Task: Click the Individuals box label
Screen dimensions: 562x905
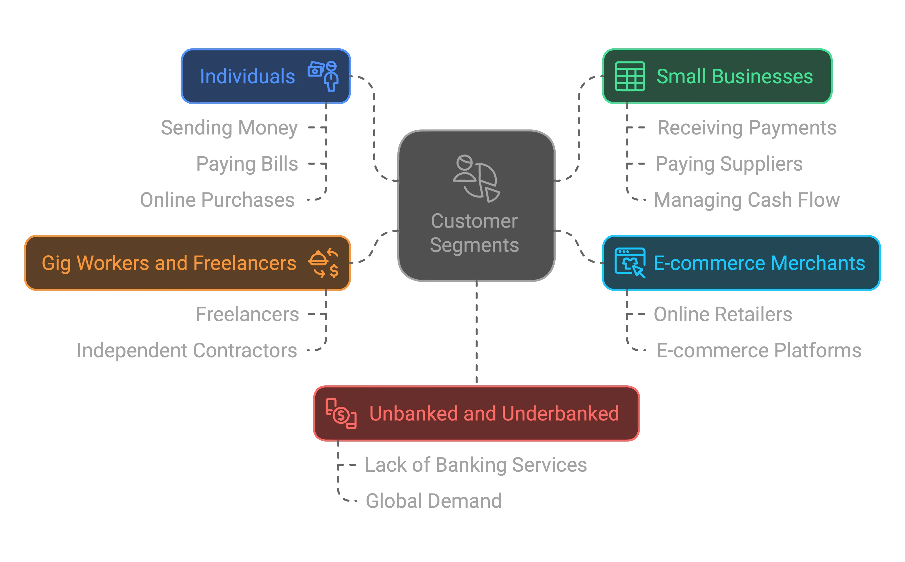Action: click(247, 77)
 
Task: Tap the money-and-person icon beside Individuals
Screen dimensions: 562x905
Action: click(323, 76)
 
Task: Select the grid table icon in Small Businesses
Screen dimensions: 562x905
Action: click(630, 76)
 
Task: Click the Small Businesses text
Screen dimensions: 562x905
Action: click(734, 77)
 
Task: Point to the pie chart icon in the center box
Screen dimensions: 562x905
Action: click(477, 178)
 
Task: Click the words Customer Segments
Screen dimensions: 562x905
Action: click(474, 233)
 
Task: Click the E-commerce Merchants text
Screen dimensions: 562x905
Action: click(759, 263)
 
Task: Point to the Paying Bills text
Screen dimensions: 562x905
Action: click(247, 164)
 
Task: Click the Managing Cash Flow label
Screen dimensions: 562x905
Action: click(747, 200)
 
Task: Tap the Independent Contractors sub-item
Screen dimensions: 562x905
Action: click(187, 350)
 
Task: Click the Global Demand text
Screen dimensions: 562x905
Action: click(433, 500)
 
